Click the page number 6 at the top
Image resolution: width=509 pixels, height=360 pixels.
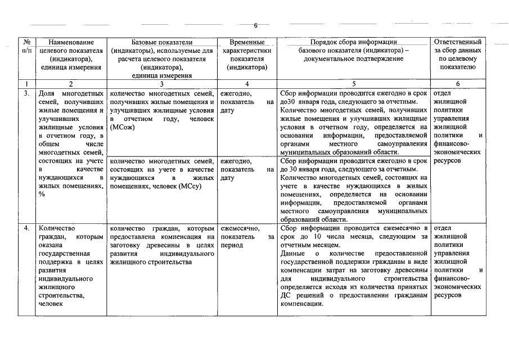coord(255,25)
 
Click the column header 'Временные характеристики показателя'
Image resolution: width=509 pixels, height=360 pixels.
coord(247,54)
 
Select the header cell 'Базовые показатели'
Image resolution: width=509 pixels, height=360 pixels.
coord(162,42)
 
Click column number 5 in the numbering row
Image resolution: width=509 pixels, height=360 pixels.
coord(353,84)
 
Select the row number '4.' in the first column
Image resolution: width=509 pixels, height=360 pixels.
coord(26,228)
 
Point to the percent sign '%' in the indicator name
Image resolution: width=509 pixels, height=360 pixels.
coord(42,195)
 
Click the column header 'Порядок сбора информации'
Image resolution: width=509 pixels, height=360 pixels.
coord(353,42)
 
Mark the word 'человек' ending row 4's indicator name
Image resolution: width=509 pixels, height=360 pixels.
coord(50,304)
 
